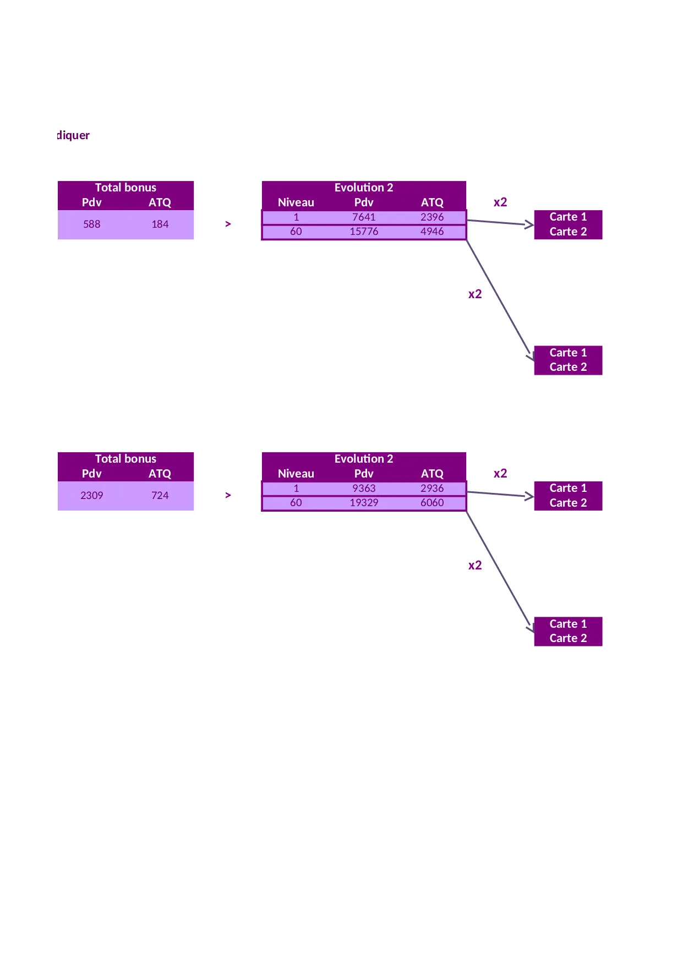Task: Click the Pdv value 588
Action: (92, 224)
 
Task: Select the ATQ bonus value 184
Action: (160, 224)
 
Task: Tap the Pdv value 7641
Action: (364, 217)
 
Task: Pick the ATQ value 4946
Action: (432, 232)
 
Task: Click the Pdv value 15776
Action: (364, 232)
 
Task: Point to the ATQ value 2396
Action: (432, 217)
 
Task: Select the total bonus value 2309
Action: (92, 496)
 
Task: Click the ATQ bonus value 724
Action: (160, 496)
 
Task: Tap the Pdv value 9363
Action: (364, 489)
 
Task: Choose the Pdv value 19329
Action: (364, 503)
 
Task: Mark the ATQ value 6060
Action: (432, 503)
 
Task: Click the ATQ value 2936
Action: (432, 489)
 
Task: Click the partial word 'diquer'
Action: (73, 135)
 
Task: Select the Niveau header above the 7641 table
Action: (296, 202)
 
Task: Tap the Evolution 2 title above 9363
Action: (364, 459)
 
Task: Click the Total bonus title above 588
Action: (125, 188)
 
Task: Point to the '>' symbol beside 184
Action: (228, 224)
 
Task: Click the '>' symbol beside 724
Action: (228, 495)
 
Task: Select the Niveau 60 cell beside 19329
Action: (296, 503)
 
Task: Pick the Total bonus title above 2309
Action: (125, 459)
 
